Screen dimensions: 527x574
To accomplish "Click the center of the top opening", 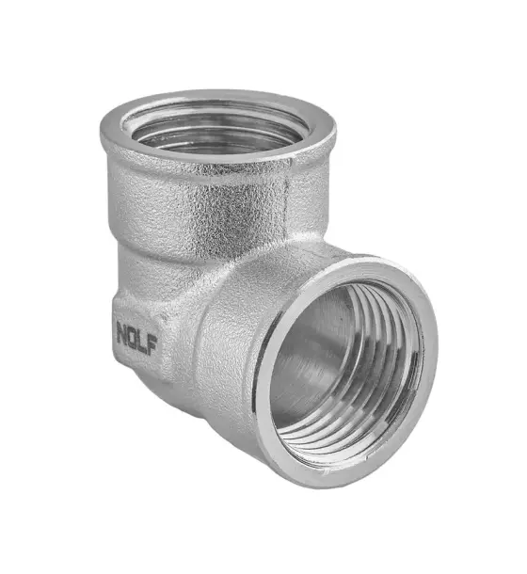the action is point(217,129).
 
